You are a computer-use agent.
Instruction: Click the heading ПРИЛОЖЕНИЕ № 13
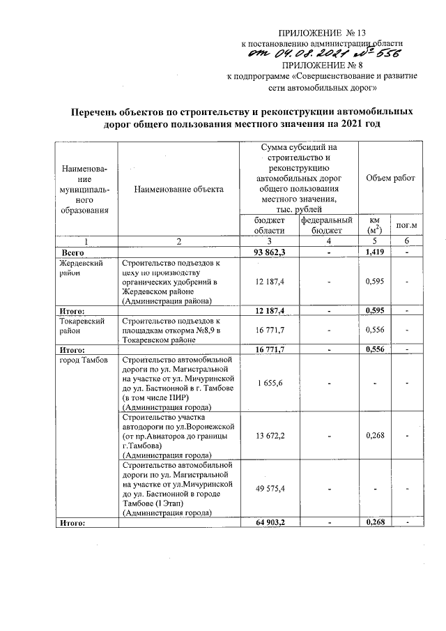coord(322,32)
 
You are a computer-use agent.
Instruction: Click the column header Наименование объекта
coord(179,189)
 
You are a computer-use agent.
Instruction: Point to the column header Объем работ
coord(390,178)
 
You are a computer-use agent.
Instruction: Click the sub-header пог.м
coord(406,225)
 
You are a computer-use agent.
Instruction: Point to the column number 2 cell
coord(179,241)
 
